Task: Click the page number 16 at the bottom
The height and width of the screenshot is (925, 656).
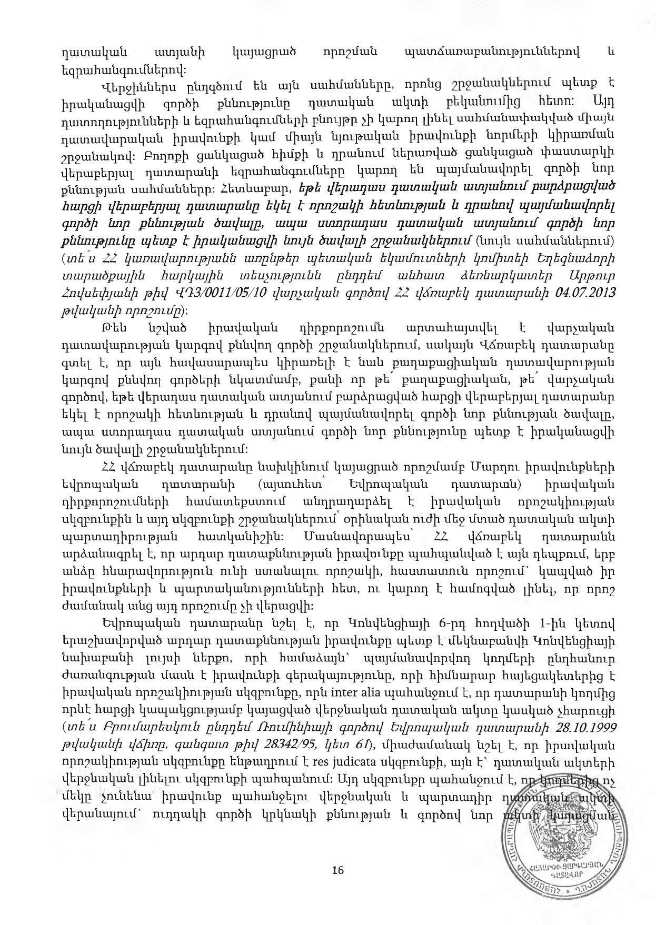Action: tap(338, 870)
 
